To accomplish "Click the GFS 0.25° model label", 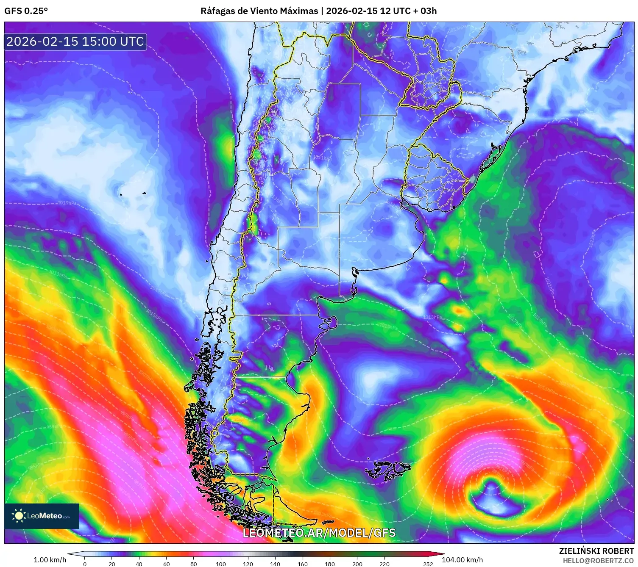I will click(26, 11).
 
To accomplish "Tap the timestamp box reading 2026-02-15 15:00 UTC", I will click(75, 41).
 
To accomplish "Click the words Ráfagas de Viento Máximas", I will click(259, 11).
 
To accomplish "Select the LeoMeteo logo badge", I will click(42, 516).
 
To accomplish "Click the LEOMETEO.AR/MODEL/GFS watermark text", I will click(319, 533).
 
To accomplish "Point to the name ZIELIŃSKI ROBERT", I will click(596, 551).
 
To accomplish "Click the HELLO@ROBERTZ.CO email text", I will click(598, 561).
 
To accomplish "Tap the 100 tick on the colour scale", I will click(220, 564).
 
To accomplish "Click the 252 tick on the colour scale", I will click(428, 564).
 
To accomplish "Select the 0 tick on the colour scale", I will click(85, 564).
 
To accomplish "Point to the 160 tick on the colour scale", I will click(303, 564).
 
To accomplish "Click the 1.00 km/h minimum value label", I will click(50, 560).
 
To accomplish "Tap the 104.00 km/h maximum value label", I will click(462, 560).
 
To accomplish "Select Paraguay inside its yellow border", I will click(428, 85).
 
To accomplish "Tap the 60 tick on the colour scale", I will click(167, 564).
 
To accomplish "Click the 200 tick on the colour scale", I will click(357, 564).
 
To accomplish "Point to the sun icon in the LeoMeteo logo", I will click(19, 515).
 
